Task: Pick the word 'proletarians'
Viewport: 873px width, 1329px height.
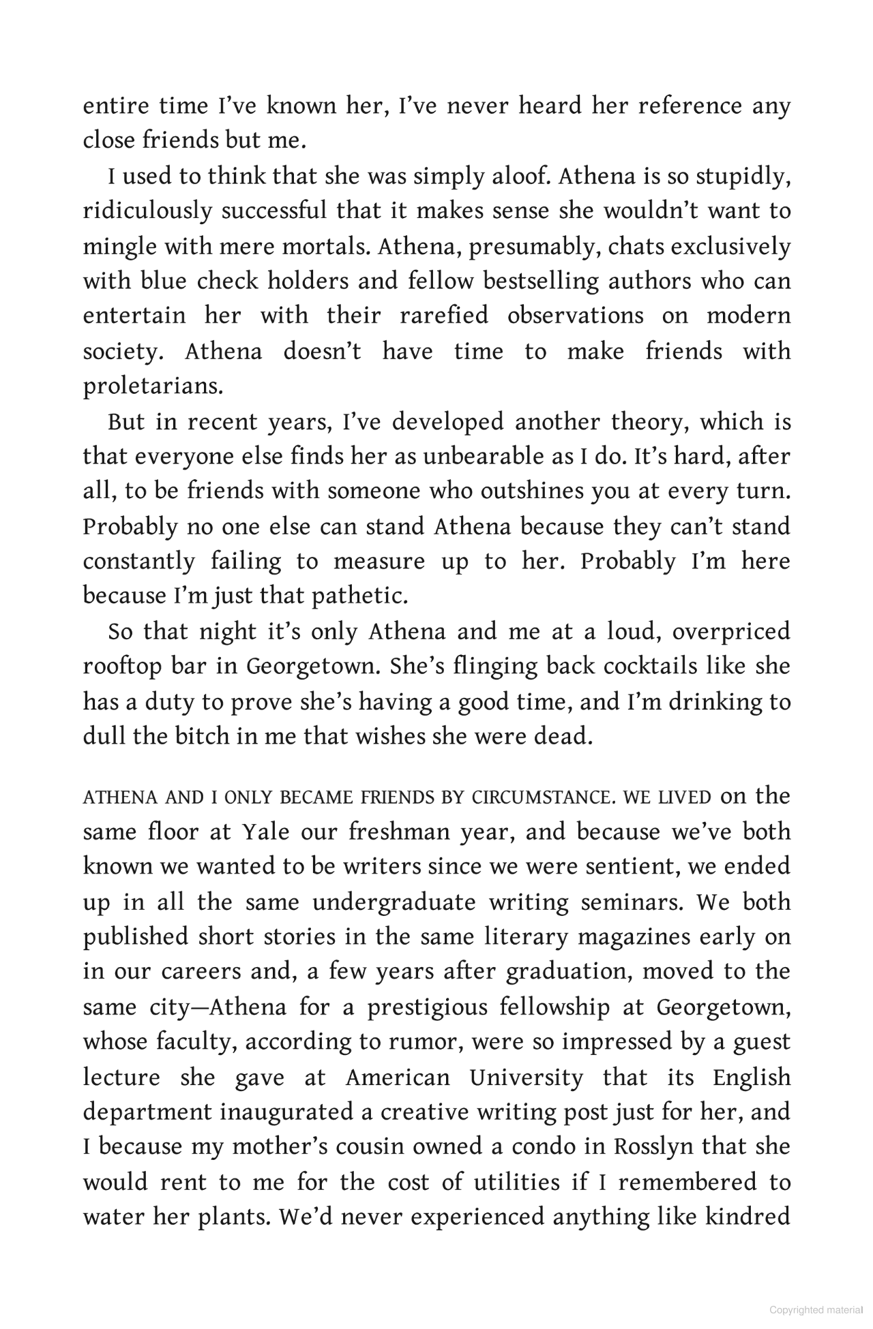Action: pos(153,386)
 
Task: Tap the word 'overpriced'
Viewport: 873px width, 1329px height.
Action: pos(731,631)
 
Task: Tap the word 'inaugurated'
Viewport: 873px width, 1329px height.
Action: pos(286,1112)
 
